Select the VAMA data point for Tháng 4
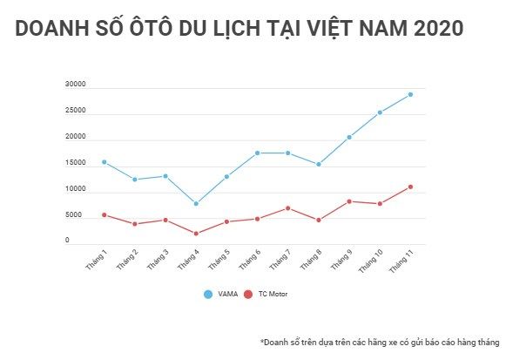click(x=196, y=203)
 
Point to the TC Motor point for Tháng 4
click(x=196, y=234)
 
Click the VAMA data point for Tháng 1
click(x=104, y=162)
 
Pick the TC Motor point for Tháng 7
click(x=288, y=208)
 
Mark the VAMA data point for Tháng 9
click(x=349, y=137)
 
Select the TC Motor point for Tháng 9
click(x=349, y=201)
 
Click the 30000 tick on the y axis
click(x=75, y=85)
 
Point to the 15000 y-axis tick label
click(x=75, y=163)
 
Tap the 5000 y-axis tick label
click(x=73, y=215)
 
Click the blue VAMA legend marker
click(x=207, y=295)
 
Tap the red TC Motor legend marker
click(x=248, y=295)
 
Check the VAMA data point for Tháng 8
click(x=319, y=164)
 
